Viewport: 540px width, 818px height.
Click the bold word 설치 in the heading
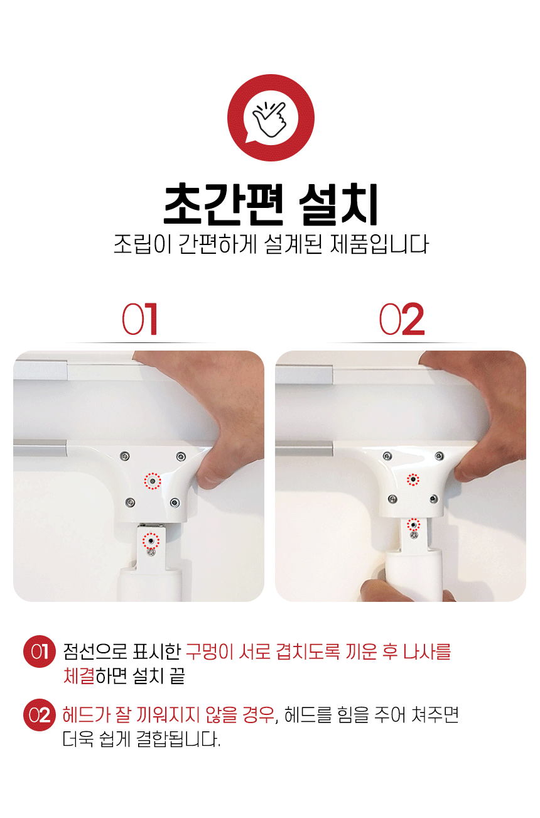pyautogui.click(x=338, y=205)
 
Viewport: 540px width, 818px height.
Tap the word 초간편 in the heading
pyautogui.click(x=223, y=205)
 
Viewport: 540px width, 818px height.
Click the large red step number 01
pyautogui.click(x=140, y=319)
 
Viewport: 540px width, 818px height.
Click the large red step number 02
pyautogui.click(x=402, y=319)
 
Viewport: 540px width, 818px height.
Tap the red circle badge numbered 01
pyautogui.click(x=40, y=651)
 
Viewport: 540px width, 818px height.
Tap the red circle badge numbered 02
pyautogui.click(x=40, y=715)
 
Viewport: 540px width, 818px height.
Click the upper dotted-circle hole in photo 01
pyautogui.click(x=152, y=481)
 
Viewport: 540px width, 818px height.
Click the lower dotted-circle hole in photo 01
pyautogui.click(x=151, y=540)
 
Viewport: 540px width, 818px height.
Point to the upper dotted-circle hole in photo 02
pyautogui.click(x=413, y=479)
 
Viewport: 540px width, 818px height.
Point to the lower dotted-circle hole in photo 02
pyautogui.click(x=413, y=525)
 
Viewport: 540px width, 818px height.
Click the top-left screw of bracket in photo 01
pyautogui.click(x=125, y=456)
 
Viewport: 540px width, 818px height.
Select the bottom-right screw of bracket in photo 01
pyautogui.click(x=175, y=503)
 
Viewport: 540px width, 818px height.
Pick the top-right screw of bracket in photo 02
pyautogui.click(x=440, y=455)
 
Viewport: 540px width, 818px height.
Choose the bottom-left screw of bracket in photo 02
pyautogui.click(x=392, y=499)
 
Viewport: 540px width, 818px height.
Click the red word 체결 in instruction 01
pyautogui.click(x=79, y=675)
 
